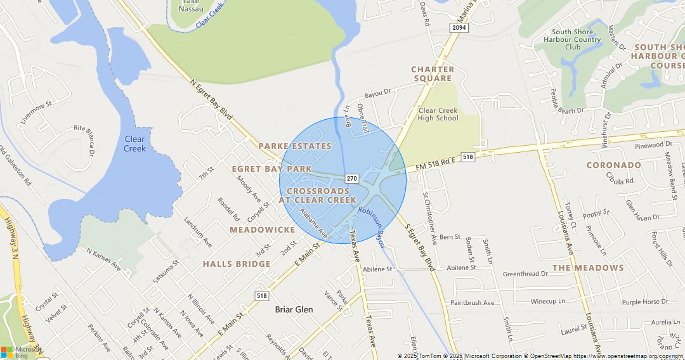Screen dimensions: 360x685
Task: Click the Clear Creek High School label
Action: [438, 114]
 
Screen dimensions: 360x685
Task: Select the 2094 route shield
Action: [459, 28]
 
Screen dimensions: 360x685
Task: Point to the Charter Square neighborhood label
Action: [433, 74]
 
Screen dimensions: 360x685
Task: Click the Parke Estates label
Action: [295, 146]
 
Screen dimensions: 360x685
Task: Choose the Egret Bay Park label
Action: [271, 169]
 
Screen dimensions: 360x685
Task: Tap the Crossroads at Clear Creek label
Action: [318, 195]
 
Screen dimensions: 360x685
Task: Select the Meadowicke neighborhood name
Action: [263, 229]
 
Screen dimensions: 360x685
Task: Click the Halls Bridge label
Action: [237, 264]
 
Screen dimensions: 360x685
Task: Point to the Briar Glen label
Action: [294, 309]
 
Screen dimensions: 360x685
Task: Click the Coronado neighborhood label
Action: [613, 165]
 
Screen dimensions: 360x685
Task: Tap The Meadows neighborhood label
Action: [588, 267]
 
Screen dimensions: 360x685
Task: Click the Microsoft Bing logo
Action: [21, 352]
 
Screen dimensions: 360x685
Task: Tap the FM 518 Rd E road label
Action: [437, 164]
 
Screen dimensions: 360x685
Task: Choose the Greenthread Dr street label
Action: [525, 274]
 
